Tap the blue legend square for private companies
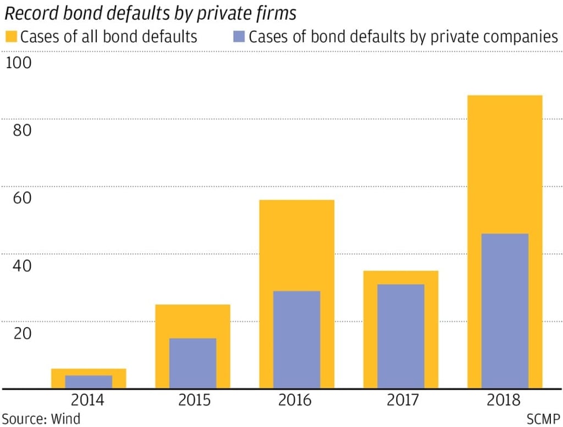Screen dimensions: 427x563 tap(239, 38)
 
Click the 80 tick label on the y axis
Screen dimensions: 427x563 tap(19, 131)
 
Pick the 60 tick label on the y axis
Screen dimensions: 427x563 tap(19, 198)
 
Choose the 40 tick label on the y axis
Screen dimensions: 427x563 tap(19, 266)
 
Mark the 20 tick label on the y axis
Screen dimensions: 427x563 tap(19, 334)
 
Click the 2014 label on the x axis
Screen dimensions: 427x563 tap(89, 400)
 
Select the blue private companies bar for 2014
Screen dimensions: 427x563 tap(89, 382)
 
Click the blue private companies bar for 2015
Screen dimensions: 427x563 tap(192, 363)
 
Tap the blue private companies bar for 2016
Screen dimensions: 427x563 tap(296, 340)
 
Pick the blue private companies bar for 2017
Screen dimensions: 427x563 tap(401, 336)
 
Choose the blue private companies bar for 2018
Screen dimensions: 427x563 tap(505, 311)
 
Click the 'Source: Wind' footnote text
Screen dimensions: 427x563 tap(41, 418)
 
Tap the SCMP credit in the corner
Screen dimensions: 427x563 tap(542, 418)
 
